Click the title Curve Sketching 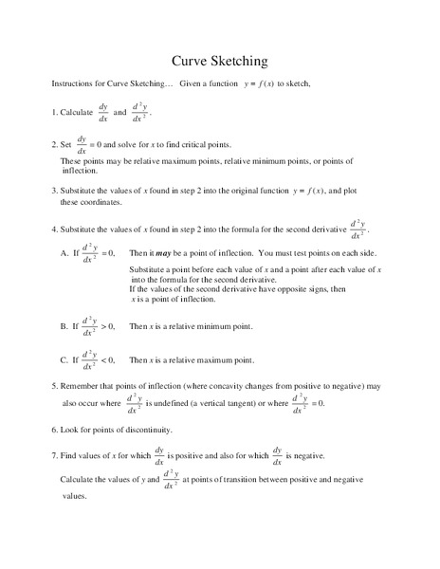(x=219, y=61)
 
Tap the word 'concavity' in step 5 (x=229, y=387)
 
